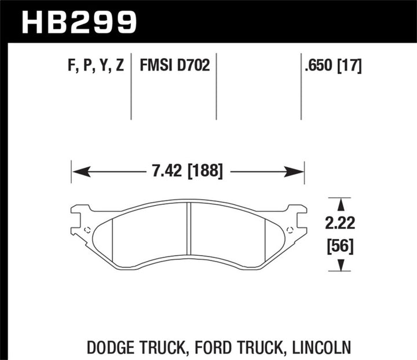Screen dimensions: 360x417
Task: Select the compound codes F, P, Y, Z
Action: click(94, 66)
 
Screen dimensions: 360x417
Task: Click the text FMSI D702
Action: click(174, 66)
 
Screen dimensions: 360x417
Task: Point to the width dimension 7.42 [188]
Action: click(186, 171)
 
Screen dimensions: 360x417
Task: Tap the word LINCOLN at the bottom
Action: click(323, 332)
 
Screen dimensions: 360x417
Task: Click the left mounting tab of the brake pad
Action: click(80, 220)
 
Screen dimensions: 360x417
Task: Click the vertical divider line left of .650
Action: click(301, 87)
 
